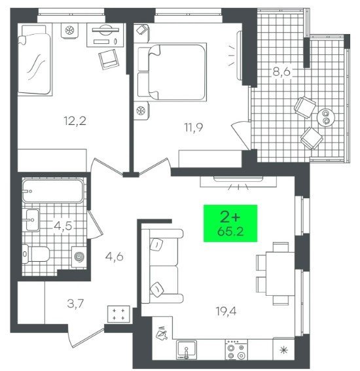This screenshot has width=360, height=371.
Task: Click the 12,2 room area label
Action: pyautogui.click(x=75, y=121)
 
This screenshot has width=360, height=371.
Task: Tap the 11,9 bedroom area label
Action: pyautogui.click(x=194, y=128)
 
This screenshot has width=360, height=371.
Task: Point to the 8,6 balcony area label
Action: pyautogui.click(x=281, y=71)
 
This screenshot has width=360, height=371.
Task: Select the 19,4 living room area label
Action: pyautogui.click(x=226, y=311)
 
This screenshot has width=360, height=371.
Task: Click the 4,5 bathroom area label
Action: pyautogui.click(x=63, y=226)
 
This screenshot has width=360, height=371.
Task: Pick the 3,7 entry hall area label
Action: pyautogui.click(x=75, y=304)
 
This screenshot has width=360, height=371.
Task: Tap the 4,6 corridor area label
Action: pyautogui.click(x=115, y=256)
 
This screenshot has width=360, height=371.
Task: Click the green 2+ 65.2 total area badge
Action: pyautogui.click(x=230, y=223)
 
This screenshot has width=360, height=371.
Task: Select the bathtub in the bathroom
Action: pyautogui.click(x=53, y=191)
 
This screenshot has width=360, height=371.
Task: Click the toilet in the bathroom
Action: pyautogui.click(x=36, y=255)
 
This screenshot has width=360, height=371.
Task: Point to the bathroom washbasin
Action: pyautogui.click(x=33, y=220)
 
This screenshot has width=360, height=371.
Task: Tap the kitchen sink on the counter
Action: pyautogui.click(x=187, y=350)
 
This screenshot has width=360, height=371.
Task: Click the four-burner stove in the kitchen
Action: pyautogui.click(x=236, y=350)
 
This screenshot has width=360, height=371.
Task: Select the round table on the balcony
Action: pyautogui.click(x=326, y=117)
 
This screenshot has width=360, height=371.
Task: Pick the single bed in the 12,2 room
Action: pyautogui.click(x=35, y=61)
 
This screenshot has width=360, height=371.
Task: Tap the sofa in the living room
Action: pyautogui.click(x=162, y=266)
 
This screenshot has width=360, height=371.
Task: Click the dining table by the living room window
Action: pyautogui.click(x=280, y=274)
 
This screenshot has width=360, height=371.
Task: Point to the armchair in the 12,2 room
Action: pyautogui.click(x=109, y=59)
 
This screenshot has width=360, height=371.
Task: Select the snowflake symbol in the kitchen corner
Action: pyautogui.click(x=283, y=350)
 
